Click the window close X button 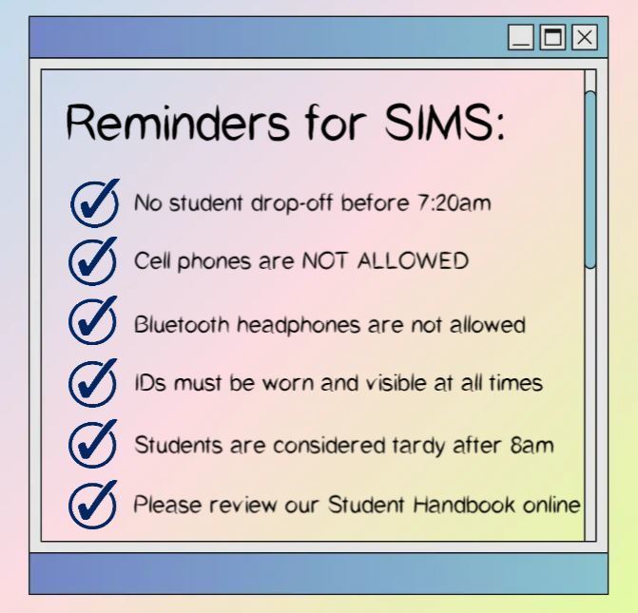click(x=585, y=37)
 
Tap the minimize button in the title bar click(x=521, y=37)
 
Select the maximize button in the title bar click(x=552, y=37)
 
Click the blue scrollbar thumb click(x=590, y=180)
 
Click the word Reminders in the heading click(x=178, y=123)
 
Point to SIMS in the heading click(x=438, y=123)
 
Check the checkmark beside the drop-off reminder click(x=95, y=203)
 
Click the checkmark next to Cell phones click(x=93, y=261)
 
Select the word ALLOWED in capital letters click(x=413, y=260)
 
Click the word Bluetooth click(x=182, y=325)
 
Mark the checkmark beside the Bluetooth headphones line click(x=93, y=320)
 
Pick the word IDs click(x=150, y=383)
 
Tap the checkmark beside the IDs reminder click(x=93, y=383)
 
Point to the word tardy click(x=419, y=446)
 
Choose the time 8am click(x=532, y=445)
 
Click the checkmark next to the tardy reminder click(x=93, y=444)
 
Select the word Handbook click(x=464, y=505)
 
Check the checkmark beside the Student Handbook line click(x=93, y=505)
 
